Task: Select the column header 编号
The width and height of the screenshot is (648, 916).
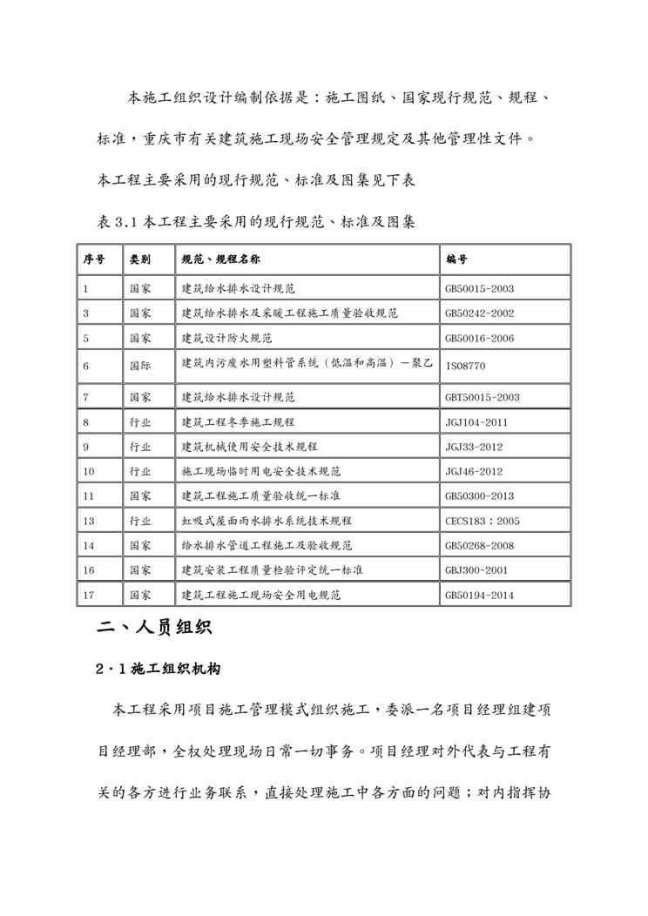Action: pyautogui.click(x=456, y=259)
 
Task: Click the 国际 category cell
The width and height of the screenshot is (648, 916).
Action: pyautogui.click(x=139, y=366)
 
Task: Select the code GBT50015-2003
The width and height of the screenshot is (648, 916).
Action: pyautogui.click(x=482, y=397)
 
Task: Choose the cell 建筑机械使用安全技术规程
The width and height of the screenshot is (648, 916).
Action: pyautogui.click(x=249, y=447)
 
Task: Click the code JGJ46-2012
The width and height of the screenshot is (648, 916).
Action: pyautogui.click(x=474, y=471)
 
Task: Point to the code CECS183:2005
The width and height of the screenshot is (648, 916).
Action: pyautogui.click(x=482, y=521)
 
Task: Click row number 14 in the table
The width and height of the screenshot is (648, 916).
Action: pyautogui.click(x=89, y=546)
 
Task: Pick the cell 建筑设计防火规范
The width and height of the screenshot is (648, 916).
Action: pyautogui.click(x=226, y=338)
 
